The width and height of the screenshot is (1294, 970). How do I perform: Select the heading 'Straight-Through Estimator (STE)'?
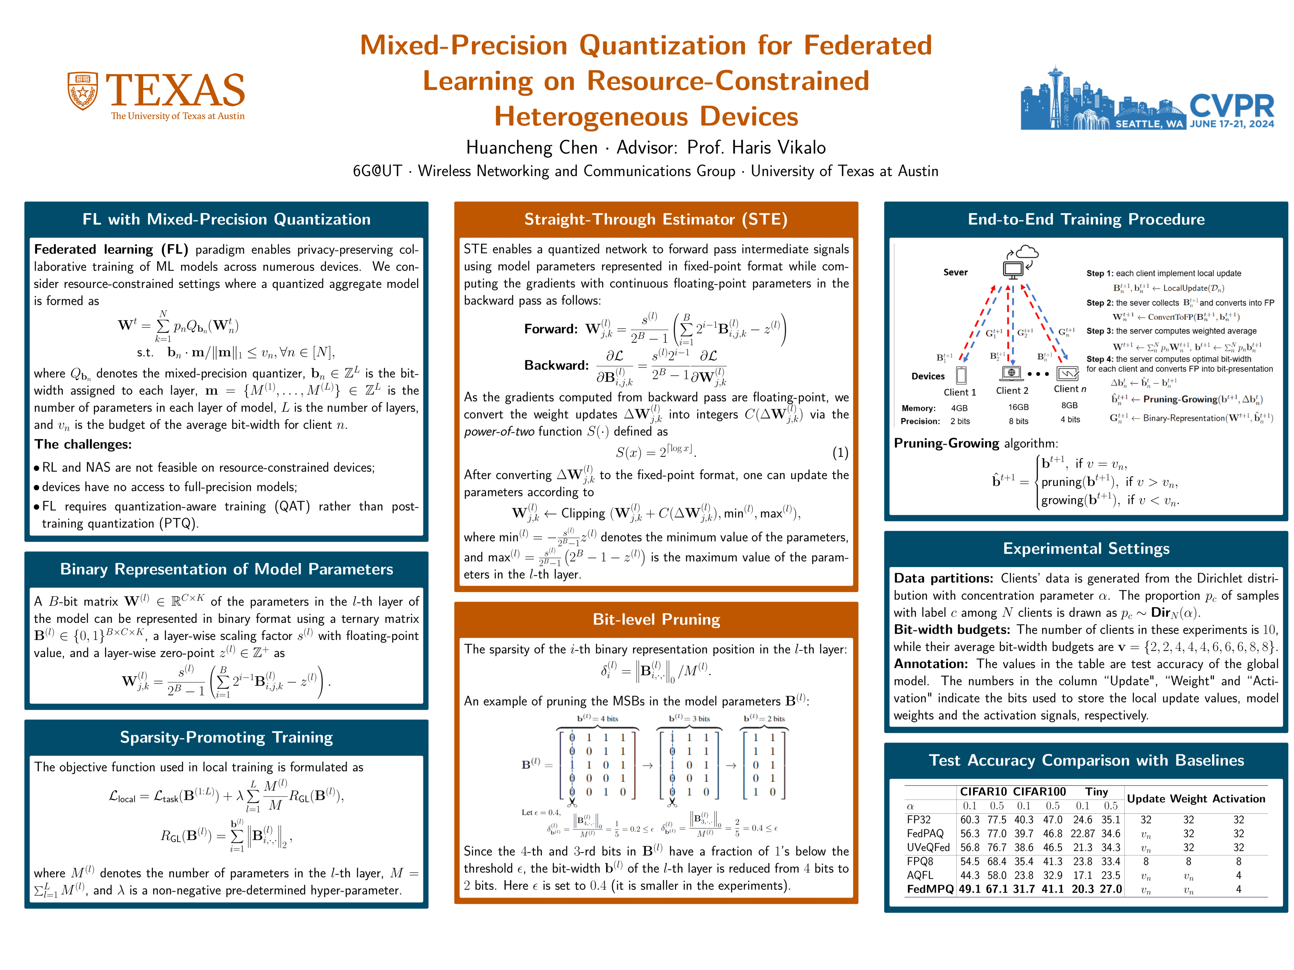[656, 219]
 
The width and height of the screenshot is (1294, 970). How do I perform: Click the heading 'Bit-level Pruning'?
[656, 619]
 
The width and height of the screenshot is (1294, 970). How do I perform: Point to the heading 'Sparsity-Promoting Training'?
[226, 737]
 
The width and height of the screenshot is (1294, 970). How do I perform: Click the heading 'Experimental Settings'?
[1086, 548]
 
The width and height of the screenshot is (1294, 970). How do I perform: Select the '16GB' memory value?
[1018, 407]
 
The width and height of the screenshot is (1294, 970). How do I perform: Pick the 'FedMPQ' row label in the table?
[929, 889]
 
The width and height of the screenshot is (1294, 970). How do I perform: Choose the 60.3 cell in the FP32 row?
[969, 820]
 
